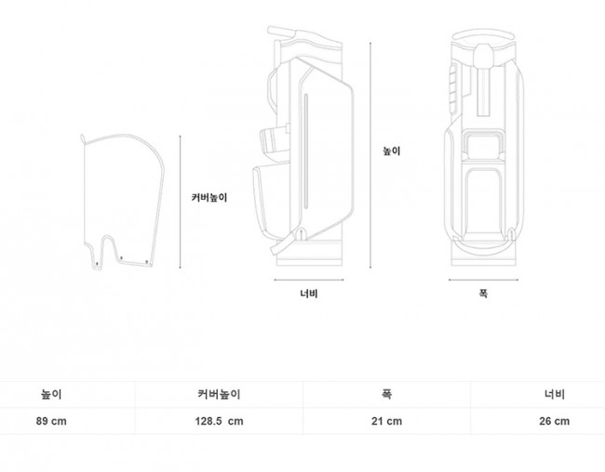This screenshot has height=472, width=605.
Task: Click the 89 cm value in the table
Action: click(x=51, y=421)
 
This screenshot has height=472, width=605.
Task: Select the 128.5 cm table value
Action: click(x=219, y=421)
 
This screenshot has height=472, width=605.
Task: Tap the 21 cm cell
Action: click(x=386, y=421)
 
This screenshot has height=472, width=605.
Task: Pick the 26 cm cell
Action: click(x=555, y=421)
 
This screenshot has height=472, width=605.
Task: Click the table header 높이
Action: click(x=51, y=394)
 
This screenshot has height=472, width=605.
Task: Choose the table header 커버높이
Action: click(x=219, y=394)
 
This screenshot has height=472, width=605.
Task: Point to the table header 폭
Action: click(x=386, y=394)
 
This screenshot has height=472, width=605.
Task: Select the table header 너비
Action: click(x=555, y=394)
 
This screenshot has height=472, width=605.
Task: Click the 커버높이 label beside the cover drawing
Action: click(x=209, y=198)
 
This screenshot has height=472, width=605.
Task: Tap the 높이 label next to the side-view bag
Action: click(x=392, y=151)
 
